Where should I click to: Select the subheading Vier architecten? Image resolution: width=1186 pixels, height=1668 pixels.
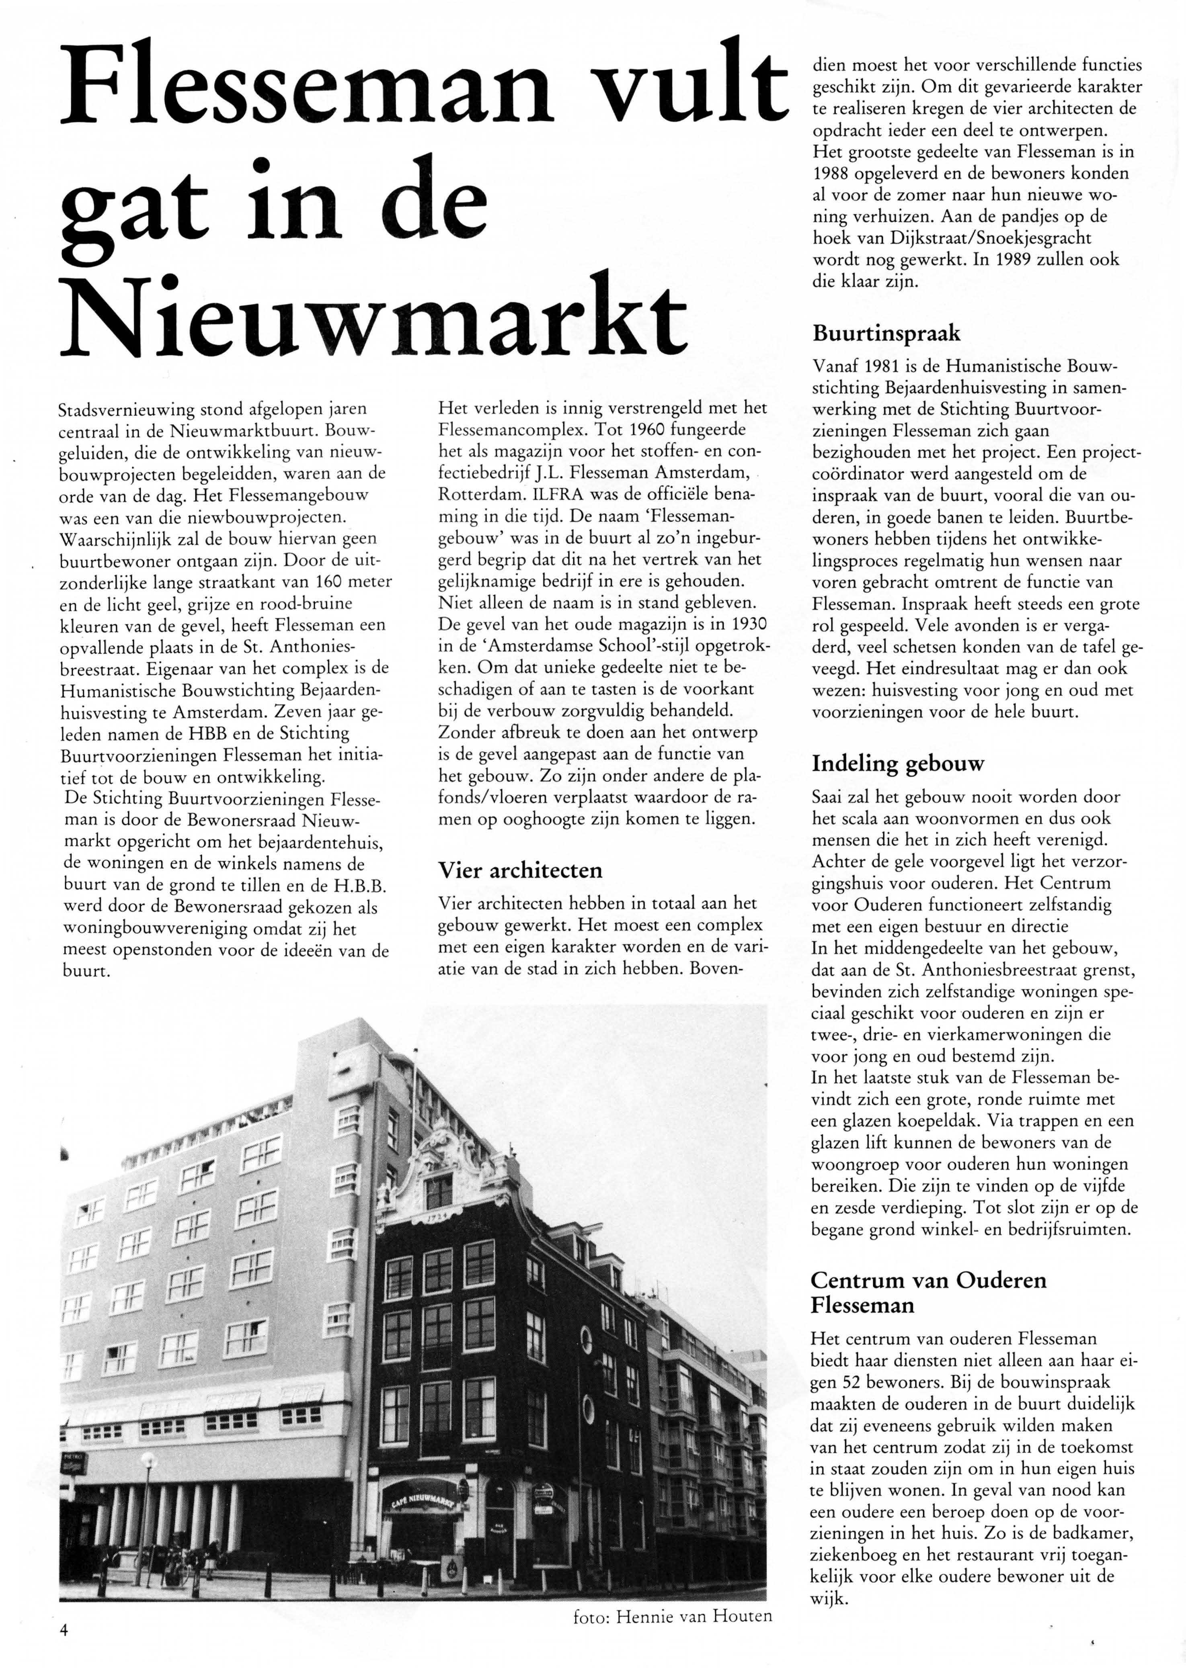tap(520, 870)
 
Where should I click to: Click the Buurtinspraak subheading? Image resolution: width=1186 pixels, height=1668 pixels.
tap(886, 334)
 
